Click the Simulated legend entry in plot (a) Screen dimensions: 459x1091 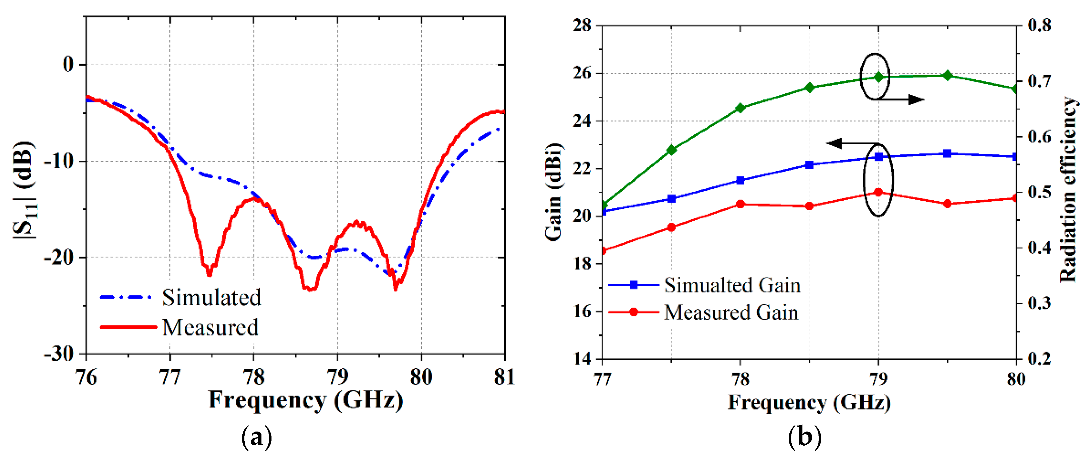(x=211, y=297)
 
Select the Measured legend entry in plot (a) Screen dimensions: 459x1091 (x=210, y=327)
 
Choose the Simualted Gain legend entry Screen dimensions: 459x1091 (x=732, y=285)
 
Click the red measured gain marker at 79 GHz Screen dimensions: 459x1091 (x=878, y=192)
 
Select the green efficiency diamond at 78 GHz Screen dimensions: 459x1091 (x=740, y=108)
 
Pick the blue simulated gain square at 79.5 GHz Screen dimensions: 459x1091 (x=947, y=153)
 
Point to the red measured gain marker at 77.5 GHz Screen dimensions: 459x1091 (x=671, y=227)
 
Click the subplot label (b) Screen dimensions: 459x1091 (x=804, y=437)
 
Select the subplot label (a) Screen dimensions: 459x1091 (x=256, y=437)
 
